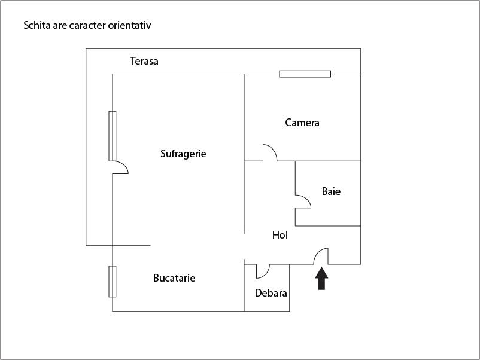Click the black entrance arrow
tap(322, 279)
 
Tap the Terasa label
tap(144, 61)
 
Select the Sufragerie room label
tap(183, 154)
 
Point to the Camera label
tap(302, 123)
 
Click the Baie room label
tap(331, 192)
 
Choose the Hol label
tap(280, 236)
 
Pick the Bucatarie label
tap(174, 278)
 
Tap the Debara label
tap(271, 294)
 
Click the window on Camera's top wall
tap(305, 74)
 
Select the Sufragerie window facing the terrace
tap(113, 136)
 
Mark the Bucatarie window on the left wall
tap(113, 281)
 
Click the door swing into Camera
tap(269, 152)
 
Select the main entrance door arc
tap(321, 256)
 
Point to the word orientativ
tap(136, 26)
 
